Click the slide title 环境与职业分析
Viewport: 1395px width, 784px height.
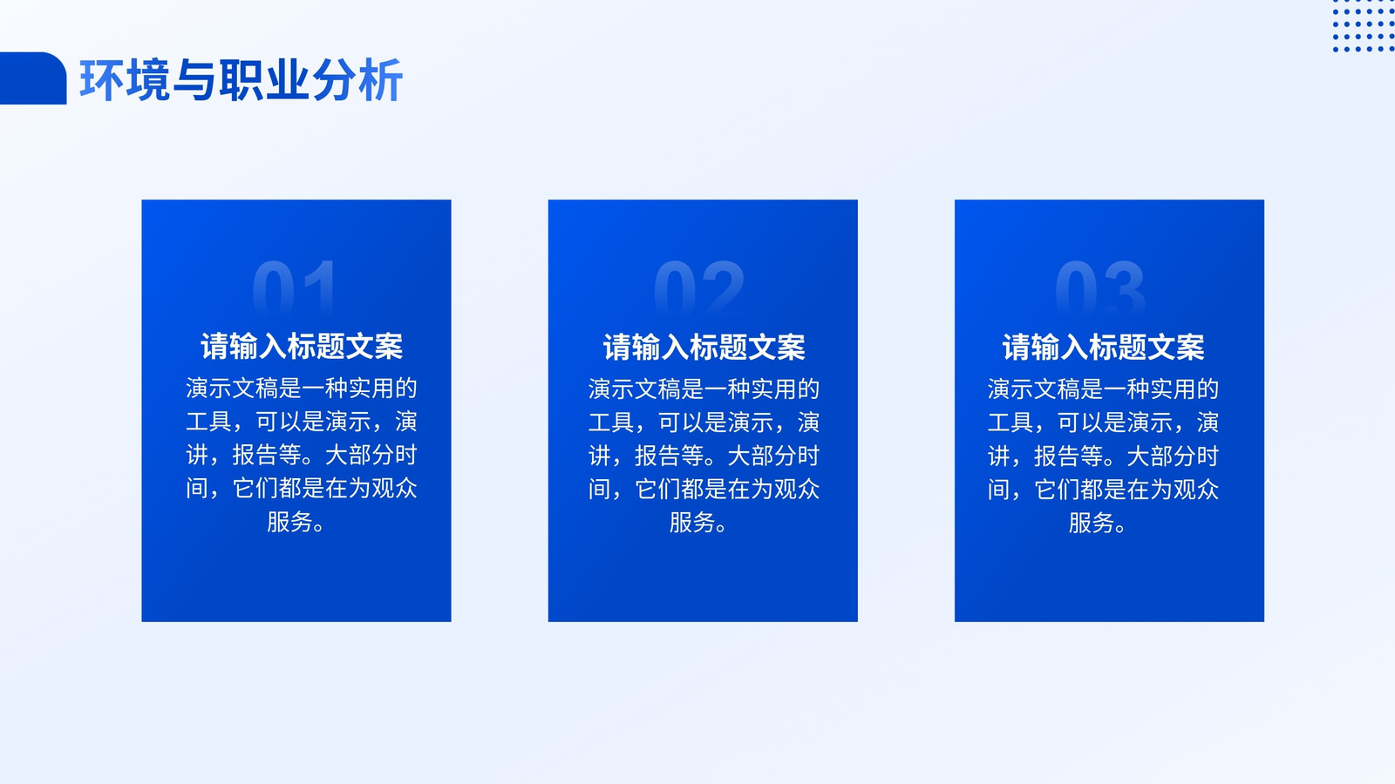(x=241, y=79)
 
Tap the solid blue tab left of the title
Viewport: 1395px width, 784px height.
(x=32, y=78)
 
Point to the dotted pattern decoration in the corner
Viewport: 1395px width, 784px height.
(x=1364, y=26)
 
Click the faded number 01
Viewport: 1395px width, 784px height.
(x=295, y=287)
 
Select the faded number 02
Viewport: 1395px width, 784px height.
(x=699, y=287)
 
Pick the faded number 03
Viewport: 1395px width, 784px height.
(x=1100, y=287)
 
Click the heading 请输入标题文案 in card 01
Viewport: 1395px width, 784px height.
(x=302, y=347)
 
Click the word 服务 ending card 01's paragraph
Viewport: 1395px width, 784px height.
(x=289, y=522)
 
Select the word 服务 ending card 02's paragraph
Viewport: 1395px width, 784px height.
(x=692, y=523)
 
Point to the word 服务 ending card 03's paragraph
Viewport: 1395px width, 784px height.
(x=1091, y=523)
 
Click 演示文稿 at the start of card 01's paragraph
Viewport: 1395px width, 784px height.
(x=232, y=389)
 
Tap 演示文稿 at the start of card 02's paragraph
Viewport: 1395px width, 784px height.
(x=634, y=389)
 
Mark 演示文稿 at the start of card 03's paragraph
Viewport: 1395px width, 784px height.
(x=1033, y=389)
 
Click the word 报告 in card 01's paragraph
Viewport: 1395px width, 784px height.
(x=255, y=456)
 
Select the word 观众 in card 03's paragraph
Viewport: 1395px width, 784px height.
(x=1195, y=490)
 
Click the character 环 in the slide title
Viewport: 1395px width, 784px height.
(x=101, y=79)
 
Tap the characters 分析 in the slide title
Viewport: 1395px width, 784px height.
(x=357, y=79)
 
